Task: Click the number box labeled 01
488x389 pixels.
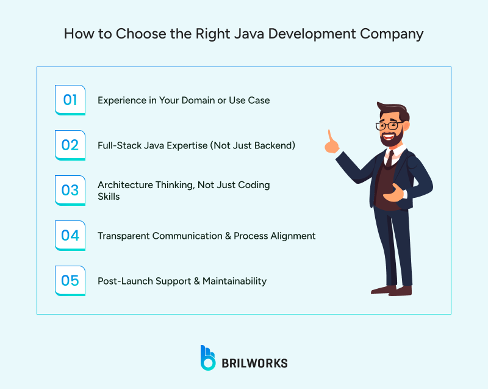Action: (x=70, y=100)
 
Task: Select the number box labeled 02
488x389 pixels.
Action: (x=70, y=145)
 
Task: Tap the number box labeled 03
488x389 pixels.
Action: (x=70, y=190)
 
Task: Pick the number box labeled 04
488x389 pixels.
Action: (x=70, y=235)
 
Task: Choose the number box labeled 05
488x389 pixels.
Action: (x=70, y=281)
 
